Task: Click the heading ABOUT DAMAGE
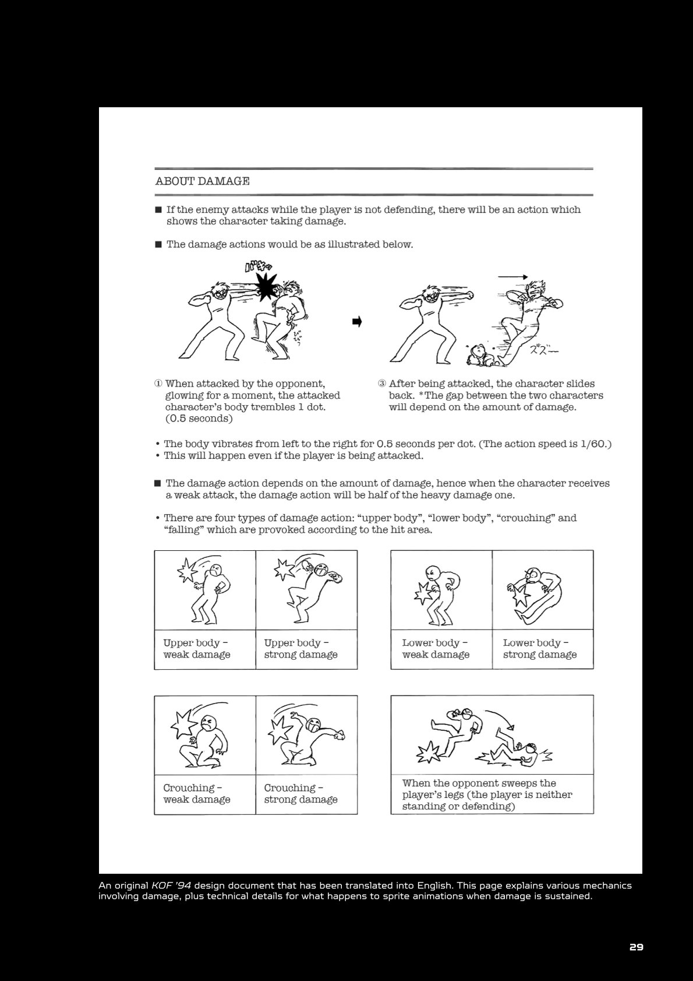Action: pyautogui.click(x=202, y=181)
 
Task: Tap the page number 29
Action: pyautogui.click(x=636, y=947)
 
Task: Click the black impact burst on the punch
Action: pyautogui.click(x=266, y=287)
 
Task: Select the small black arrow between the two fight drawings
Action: pyautogui.click(x=357, y=322)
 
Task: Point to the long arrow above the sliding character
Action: pyautogui.click(x=512, y=277)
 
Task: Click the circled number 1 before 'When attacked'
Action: pyautogui.click(x=158, y=384)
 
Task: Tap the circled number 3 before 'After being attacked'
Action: pyautogui.click(x=382, y=384)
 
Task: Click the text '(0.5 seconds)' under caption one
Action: pyautogui.click(x=199, y=419)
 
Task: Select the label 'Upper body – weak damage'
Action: pyautogui.click(x=197, y=649)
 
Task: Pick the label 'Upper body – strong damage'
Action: pyautogui.click(x=301, y=649)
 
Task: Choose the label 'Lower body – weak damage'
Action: pyautogui.click(x=436, y=649)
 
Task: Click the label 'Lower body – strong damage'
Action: pyautogui.click(x=540, y=649)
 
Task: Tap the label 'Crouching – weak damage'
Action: pyautogui.click(x=197, y=793)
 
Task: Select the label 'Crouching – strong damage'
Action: pyautogui.click(x=301, y=793)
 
